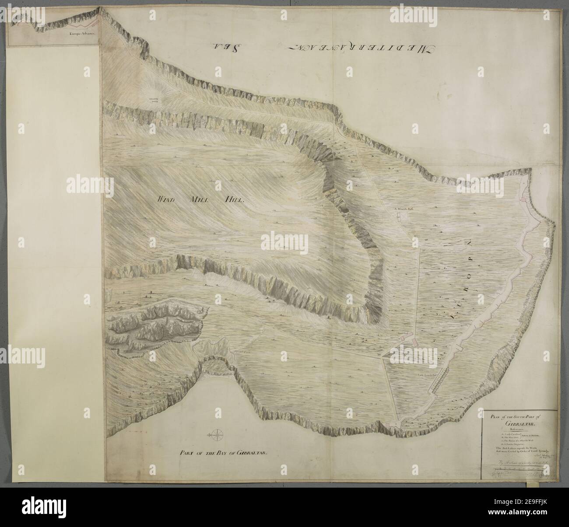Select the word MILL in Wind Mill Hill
tap(201, 199)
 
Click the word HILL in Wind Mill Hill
tap(233, 199)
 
